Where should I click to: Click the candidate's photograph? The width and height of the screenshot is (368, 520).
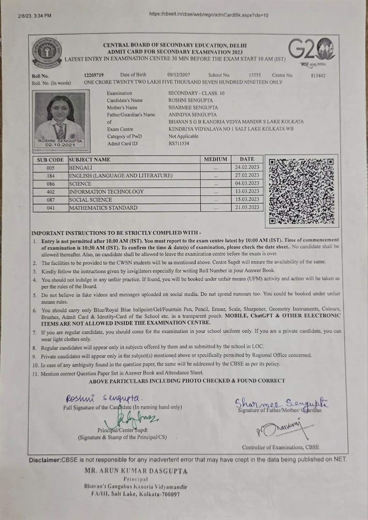pos(60,118)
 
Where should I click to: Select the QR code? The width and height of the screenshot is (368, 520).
pos(301,191)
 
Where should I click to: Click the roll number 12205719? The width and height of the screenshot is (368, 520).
pos(94,75)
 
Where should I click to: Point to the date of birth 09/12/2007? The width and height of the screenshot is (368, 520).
pos(179,75)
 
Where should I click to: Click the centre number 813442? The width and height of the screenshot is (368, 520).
pos(318,76)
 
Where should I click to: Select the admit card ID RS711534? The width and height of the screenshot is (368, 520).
pos(179,143)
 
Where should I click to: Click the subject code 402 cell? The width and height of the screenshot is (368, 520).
pos(51,192)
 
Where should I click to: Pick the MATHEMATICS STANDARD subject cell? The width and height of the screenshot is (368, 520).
pos(103,208)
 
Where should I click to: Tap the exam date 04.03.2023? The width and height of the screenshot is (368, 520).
pos(247,183)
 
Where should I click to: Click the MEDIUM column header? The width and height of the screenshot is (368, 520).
pos(215,159)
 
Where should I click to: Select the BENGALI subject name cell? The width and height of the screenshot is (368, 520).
pos(81,167)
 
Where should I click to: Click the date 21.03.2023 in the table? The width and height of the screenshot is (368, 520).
pos(247,207)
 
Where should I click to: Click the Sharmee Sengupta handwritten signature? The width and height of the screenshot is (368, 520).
pos(282,403)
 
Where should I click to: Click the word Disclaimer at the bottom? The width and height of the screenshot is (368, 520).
pos(44,460)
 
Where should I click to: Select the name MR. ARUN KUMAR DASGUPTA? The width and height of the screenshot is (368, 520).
pos(136,471)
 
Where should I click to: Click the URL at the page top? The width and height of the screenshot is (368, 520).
pos(209,15)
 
